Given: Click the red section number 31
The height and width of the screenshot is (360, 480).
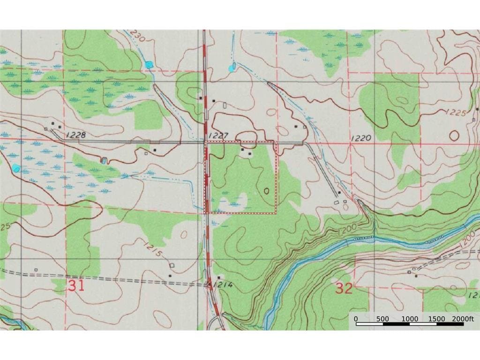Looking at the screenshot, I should point(76,285).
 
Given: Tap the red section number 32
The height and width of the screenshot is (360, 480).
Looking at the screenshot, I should point(344,288).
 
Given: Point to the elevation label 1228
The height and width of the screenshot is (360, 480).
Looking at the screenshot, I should point(75,135).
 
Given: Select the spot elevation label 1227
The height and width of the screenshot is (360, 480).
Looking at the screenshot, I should point(218,136).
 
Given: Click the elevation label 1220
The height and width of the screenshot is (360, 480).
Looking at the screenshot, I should point(361,138).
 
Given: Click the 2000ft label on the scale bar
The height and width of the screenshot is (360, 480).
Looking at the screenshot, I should point(464,319).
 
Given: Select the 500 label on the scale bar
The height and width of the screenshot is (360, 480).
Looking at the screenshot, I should point(383,319).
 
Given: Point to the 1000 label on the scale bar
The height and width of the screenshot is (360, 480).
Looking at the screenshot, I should point(410,319).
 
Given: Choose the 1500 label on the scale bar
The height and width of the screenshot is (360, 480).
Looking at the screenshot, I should point(436,319).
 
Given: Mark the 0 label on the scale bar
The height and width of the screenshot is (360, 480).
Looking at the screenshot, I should point(356,319).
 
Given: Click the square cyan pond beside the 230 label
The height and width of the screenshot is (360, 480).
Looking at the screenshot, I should point(149,64).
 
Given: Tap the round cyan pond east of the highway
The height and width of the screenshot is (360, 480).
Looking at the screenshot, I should point(231,69).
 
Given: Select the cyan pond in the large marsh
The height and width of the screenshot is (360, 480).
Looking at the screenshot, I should point(17,168).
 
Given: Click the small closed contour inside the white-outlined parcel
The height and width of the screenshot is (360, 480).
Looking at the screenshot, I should point(267,191).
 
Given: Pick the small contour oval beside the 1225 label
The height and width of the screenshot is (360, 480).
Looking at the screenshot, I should point(454,135).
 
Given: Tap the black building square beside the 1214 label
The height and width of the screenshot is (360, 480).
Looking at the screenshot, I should point(206,278).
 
